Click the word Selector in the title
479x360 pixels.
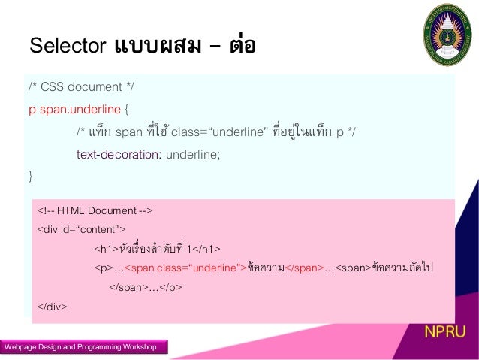click(66, 46)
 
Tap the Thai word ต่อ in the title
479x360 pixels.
click(242, 46)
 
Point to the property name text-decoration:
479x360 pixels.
click(119, 155)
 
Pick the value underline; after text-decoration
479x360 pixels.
click(194, 155)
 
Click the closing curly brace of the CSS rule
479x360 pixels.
click(31, 177)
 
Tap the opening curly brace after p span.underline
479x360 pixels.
click(126, 110)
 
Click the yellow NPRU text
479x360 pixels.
click(444, 332)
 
